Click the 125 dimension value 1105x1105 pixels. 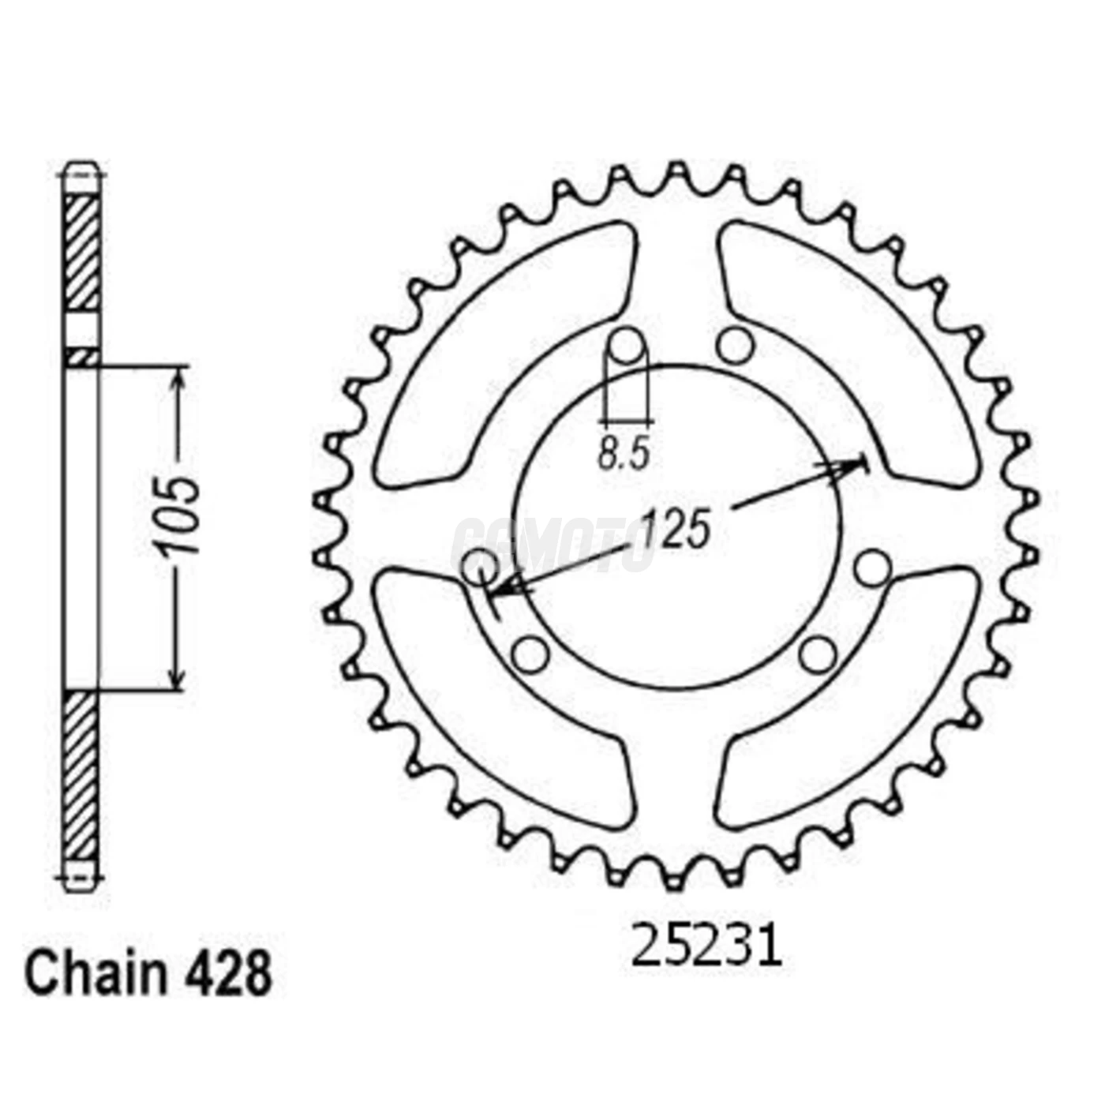[675, 528]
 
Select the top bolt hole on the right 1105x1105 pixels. [735, 344]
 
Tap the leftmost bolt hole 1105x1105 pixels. [479, 567]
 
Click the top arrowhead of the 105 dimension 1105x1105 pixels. [178, 379]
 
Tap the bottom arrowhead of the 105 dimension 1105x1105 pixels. [178, 679]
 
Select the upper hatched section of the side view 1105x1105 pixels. [81, 253]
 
